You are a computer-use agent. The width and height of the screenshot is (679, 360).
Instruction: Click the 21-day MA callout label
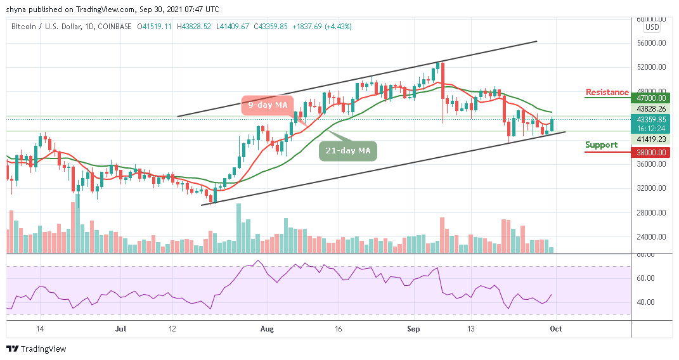pos(348,151)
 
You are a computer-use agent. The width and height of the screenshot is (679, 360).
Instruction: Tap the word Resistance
pos(607,93)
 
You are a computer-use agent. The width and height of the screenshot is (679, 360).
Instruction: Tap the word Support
pos(601,145)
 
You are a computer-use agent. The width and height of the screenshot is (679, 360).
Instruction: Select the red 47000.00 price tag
pos(652,98)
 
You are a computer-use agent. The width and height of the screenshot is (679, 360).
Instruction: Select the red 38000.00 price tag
pos(652,152)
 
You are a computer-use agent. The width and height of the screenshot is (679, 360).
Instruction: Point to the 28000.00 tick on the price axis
pos(652,213)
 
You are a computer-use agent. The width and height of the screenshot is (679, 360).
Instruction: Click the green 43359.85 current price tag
pos(652,119)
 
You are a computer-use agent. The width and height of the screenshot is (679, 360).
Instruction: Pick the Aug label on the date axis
pos(267,330)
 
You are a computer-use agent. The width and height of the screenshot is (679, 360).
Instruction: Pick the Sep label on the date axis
pos(413,330)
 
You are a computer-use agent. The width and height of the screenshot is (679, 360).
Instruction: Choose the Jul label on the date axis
pos(121,330)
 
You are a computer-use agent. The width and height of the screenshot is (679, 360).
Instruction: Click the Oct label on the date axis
pos(556,330)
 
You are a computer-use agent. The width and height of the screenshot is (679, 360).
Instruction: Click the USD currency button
pos(652,27)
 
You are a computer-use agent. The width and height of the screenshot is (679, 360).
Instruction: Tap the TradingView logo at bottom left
pos(36,349)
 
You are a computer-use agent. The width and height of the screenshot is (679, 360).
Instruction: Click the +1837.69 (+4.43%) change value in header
pos(320,27)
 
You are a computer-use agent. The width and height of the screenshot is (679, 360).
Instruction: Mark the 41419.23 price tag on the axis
pos(652,139)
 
